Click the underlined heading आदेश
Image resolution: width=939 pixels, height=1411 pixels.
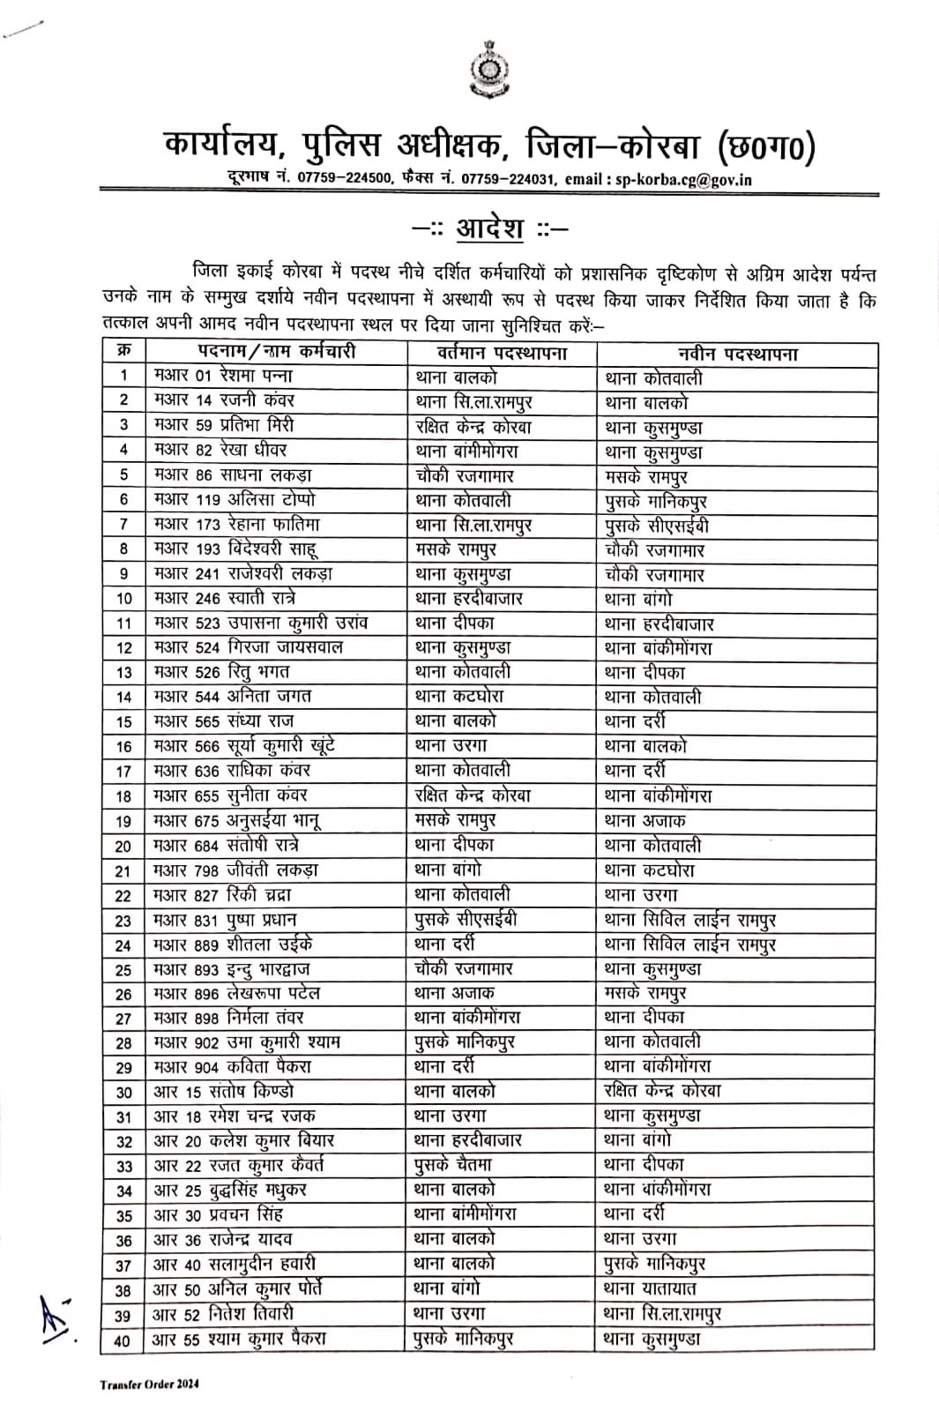(x=489, y=229)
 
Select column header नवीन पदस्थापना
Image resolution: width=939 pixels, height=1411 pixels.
(x=737, y=355)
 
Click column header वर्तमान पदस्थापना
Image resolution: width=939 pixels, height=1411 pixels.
(x=502, y=354)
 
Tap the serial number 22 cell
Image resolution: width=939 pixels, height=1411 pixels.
(x=123, y=896)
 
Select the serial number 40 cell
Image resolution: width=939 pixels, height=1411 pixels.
(x=123, y=1340)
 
